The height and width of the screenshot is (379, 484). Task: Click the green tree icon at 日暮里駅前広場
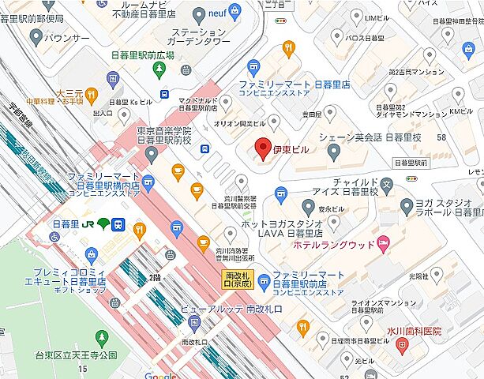click(159, 69)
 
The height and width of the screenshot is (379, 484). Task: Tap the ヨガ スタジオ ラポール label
click(446, 206)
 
